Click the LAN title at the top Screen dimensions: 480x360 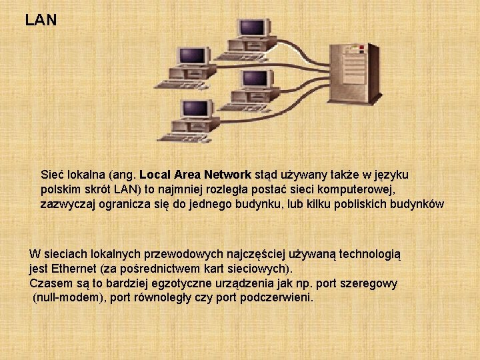[x=41, y=21]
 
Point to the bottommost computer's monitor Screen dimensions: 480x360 [x=197, y=109]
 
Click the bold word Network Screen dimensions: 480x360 [x=227, y=175]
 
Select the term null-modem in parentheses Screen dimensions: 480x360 [x=66, y=297]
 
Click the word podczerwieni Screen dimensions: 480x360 [x=280, y=297]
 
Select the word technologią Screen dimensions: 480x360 [x=369, y=254]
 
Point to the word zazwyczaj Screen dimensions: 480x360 [x=67, y=204]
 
